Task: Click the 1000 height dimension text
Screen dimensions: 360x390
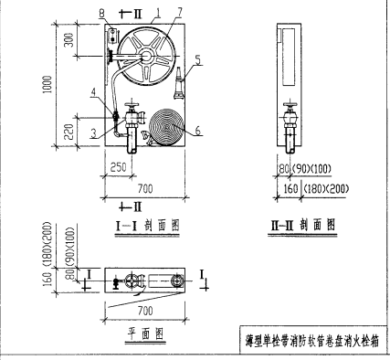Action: coord(58,89)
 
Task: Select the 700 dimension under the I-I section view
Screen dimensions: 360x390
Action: coord(139,186)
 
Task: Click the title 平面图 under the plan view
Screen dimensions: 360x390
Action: coord(144,333)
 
